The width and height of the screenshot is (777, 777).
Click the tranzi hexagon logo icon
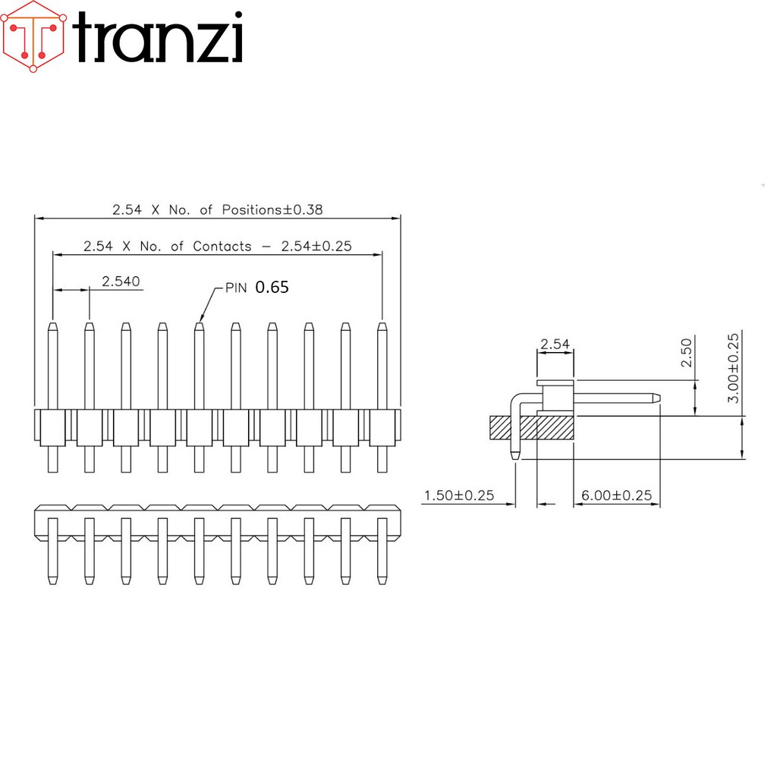pos(33,36)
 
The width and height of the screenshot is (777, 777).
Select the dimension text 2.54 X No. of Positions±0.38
pos(218,209)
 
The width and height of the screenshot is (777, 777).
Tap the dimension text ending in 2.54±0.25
pos(218,246)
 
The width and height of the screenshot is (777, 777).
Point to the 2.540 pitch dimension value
pos(121,282)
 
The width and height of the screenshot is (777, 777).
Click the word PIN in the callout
pos(236,288)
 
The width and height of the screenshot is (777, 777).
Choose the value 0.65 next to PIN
pos(272,288)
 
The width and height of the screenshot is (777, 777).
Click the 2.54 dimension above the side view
pos(555,344)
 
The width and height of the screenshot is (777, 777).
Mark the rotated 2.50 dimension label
pos(686,352)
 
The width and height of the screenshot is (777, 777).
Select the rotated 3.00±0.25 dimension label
pos(733,368)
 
